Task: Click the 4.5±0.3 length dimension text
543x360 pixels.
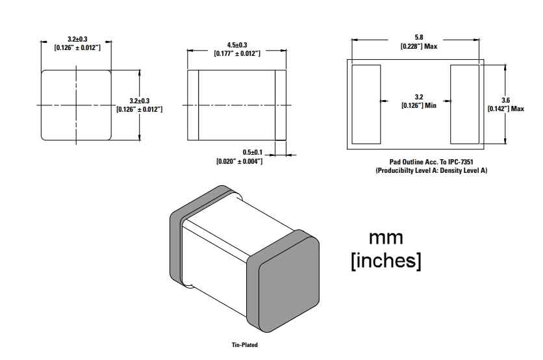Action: (237, 45)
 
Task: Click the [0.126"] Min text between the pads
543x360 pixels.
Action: (418, 105)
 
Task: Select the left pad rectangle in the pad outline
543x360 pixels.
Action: (366, 104)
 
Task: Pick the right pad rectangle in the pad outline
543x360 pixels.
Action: (464, 104)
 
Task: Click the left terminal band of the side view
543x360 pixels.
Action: (193, 104)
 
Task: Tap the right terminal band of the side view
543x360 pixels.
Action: (281, 104)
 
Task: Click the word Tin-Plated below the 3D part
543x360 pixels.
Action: (245, 345)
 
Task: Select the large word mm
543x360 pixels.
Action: (386, 237)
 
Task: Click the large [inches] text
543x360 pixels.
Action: (386, 261)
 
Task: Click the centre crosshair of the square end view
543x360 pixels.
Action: (75, 104)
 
